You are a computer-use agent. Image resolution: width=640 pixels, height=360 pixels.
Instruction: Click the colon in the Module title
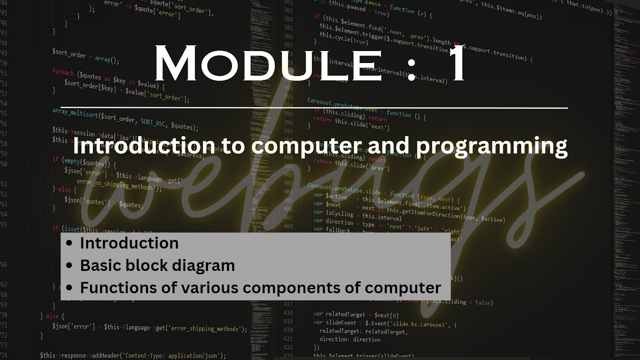pos(411,67)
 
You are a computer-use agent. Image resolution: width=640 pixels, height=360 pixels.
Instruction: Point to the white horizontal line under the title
pos(314,107)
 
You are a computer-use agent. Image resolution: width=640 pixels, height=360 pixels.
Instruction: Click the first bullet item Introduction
pos(129,243)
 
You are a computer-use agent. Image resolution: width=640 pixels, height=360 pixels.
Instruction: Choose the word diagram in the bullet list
pos(204,265)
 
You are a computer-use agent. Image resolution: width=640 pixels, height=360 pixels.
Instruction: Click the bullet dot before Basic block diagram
pos(70,265)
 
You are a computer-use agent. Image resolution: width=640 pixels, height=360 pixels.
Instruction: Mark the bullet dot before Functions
pos(70,288)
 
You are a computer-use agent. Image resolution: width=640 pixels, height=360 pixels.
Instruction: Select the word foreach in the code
pos(63,72)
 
